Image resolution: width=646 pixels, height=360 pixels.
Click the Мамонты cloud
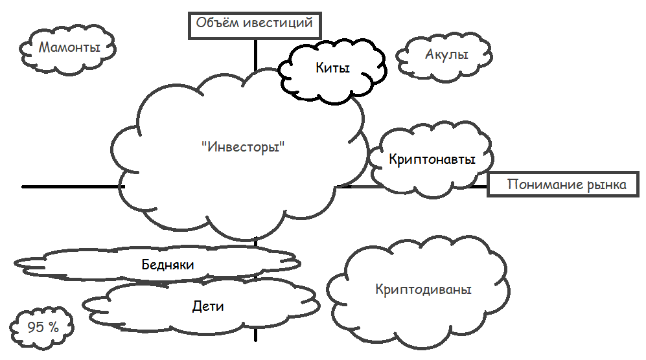(x=69, y=47)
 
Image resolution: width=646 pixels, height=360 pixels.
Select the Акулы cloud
(x=446, y=56)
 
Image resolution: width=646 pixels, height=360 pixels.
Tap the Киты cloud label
(x=333, y=67)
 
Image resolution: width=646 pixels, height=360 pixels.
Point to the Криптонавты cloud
(x=432, y=159)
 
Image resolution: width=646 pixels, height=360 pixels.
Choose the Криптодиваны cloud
(x=423, y=289)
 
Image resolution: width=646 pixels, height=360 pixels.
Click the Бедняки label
(x=168, y=264)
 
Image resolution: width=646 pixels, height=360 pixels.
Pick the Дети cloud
(x=208, y=306)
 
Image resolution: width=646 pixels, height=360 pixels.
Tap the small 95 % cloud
(x=43, y=327)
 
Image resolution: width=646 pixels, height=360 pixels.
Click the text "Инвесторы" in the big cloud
(x=244, y=146)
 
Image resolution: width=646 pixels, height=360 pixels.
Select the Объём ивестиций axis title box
(x=255, y=24)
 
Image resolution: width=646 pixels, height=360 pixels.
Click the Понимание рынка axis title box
(x=566, y=185)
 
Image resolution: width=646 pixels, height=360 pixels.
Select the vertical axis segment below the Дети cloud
(x=255, y=335)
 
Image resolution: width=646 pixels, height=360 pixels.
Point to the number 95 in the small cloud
(x=36, y=327)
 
